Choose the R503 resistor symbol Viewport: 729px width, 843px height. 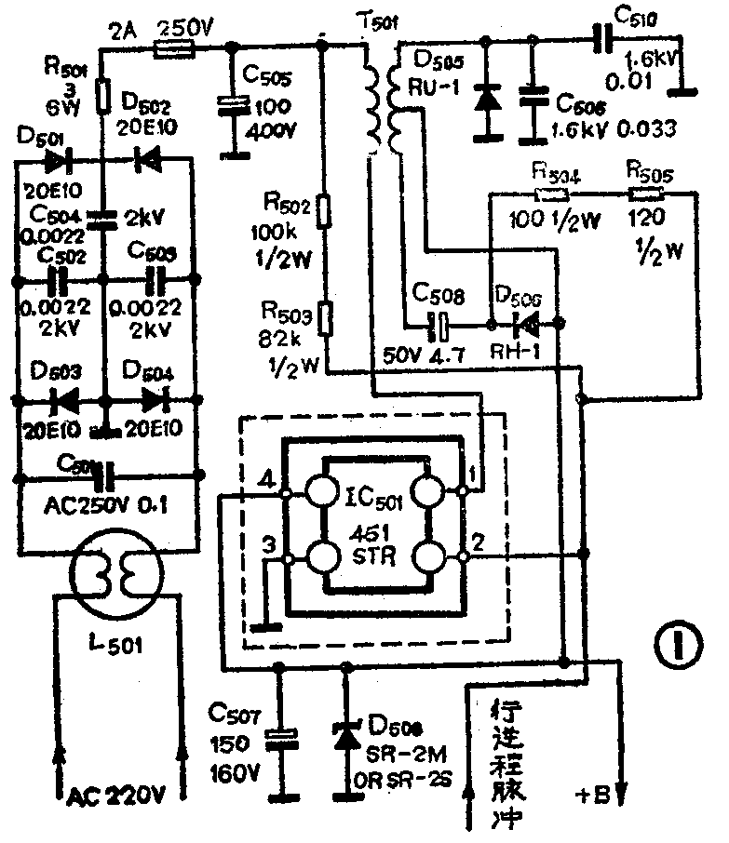[324, 317]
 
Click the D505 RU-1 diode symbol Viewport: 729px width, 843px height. [483, 97]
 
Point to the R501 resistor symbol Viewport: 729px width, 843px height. [103, 93]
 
